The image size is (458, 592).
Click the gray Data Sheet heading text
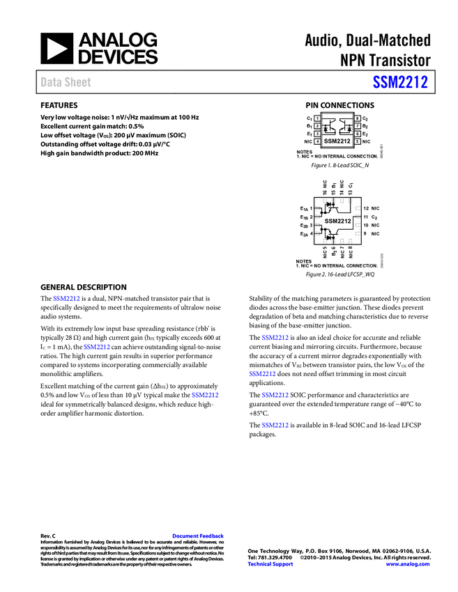click(x=66, y=82)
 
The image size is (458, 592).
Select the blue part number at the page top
click(x=400, y=82)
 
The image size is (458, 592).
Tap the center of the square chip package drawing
click(x=337, y=221)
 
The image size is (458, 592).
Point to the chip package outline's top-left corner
click(x=312, y=196)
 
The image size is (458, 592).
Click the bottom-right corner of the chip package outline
click(x=363, y=246)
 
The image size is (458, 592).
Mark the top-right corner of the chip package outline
click(x=363, y=196)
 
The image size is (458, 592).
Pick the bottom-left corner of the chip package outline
click(x=312, y=246)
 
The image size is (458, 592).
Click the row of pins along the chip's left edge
click(x=317, y=221)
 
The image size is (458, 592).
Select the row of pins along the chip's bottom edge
click(x=337, y=241)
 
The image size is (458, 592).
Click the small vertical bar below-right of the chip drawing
click(x=382, y=260)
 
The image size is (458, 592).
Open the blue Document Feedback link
click(x=199, y=536)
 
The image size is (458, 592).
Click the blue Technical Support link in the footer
click(x=270, y=564)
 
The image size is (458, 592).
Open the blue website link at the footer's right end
click(x=408, y=564)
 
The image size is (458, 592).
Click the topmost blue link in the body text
click(x=66, y=298)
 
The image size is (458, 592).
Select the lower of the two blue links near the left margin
click(x=97, y=346)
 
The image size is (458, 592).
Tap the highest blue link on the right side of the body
click(x=275, y=338)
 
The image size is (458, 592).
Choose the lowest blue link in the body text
click(x=275, y=425)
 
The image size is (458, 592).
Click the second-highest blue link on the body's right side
click(x=262, y=374)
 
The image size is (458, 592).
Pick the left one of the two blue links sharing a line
click(x=205, y=396)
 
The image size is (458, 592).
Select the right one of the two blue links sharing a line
click(x=275, y=396)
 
